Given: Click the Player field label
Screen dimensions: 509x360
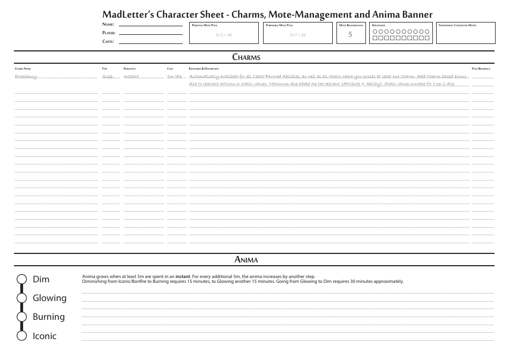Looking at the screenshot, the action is point(109,33).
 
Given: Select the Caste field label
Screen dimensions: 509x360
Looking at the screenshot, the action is point(108,41).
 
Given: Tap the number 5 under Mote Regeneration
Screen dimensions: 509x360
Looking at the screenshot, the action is point(350,35).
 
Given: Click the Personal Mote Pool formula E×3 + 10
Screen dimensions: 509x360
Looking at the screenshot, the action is point(223,35).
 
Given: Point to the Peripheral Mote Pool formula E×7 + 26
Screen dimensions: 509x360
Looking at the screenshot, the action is point(298,35).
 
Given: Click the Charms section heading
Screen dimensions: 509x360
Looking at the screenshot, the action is point(246,57).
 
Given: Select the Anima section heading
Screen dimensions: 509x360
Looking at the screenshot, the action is point(246,260).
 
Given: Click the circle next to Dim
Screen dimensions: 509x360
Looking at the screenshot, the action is point(22,279).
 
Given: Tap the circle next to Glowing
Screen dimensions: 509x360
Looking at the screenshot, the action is point(22,298).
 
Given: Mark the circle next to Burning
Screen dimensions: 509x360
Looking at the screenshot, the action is point(22,317).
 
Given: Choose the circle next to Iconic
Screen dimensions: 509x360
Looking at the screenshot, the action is point(22,336).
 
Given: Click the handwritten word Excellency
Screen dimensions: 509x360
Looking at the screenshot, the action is point(26,77).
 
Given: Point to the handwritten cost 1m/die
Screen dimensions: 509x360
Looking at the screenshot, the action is point(174,77).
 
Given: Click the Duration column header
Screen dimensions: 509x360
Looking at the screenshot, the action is point(129,69).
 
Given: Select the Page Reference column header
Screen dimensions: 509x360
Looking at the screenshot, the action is point(481,69).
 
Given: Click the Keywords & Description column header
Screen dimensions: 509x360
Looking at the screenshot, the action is point(204,69).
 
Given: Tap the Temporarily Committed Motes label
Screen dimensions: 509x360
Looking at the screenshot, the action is point(457,25).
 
